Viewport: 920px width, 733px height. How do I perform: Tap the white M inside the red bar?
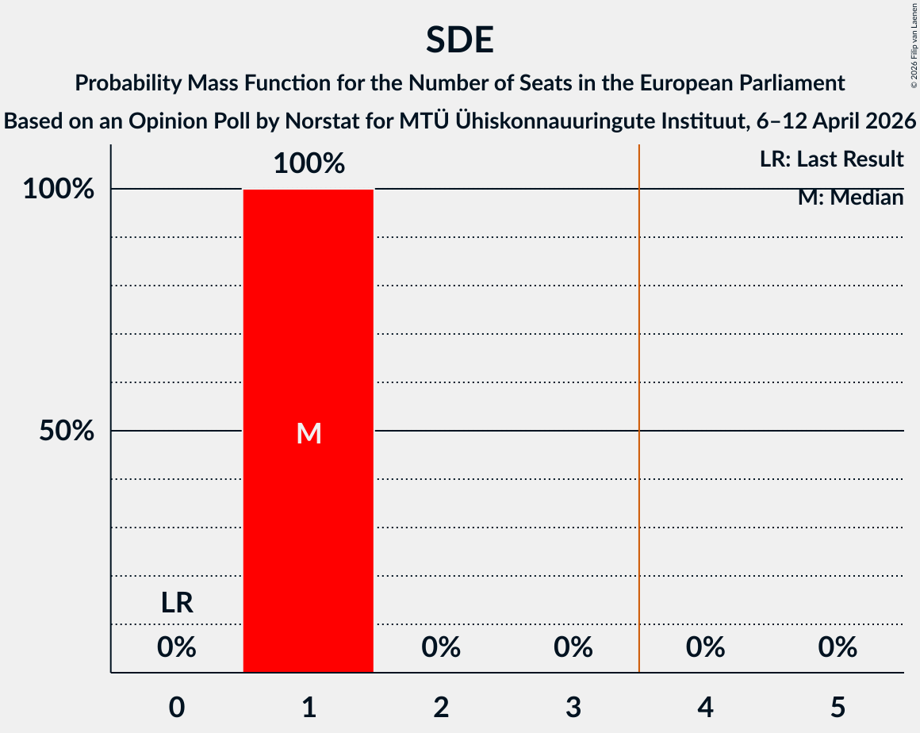pos(309,433)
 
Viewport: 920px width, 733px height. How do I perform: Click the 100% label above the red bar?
pos(309,164)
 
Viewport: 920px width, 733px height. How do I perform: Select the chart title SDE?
pos(459,40)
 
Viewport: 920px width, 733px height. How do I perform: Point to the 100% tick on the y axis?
pos(59,190)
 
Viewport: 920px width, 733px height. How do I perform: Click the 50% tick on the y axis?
pos(67,432)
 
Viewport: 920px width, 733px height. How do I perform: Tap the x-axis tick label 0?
pos(177,707)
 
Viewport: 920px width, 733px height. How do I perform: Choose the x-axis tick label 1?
pos(309,707)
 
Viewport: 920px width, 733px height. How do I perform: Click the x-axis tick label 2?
pos(441,707)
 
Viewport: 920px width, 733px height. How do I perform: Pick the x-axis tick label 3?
pos(573,707)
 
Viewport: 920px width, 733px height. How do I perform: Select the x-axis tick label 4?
pos(705,707)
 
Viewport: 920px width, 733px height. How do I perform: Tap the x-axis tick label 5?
pos(838,707)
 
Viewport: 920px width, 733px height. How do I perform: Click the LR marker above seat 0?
pos(177,604)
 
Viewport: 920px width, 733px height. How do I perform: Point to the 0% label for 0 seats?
pos(177,648)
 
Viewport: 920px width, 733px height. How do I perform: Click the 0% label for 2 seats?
pos(441,648)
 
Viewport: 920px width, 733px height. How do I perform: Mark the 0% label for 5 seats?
pos(838,648)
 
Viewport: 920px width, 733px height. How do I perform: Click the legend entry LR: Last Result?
pos(831,159)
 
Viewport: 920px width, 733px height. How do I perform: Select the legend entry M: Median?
pos(850,198)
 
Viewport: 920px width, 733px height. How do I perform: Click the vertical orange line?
pos(639,397)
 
